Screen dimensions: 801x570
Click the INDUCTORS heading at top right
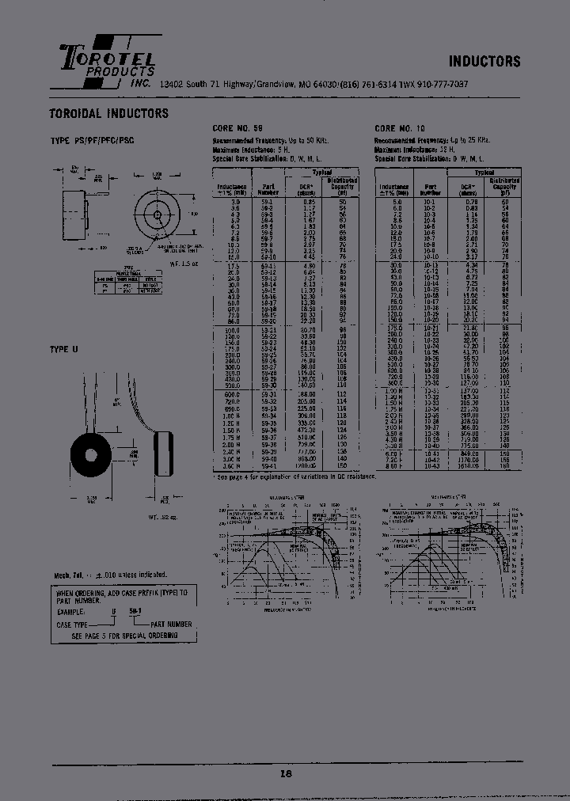484,62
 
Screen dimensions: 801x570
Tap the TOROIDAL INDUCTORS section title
109,113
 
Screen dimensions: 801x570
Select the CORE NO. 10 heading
400,128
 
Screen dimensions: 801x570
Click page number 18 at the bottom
286,773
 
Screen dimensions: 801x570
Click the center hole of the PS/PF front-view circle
158,214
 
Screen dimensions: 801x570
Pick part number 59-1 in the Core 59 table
267,203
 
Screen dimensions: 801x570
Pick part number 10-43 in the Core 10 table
430,467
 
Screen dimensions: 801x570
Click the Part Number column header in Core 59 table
268,188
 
